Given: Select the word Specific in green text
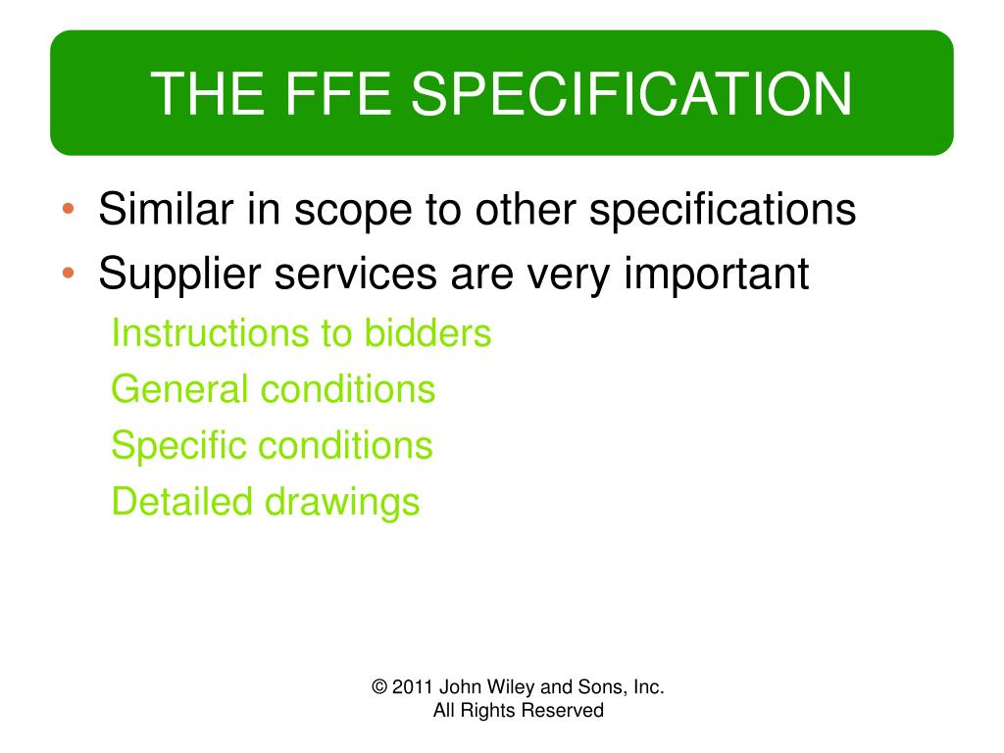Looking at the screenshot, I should click(x=178, y=446).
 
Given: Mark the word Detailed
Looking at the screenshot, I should click(x=182, y=502).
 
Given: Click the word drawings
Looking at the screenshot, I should click(x=343, y=502).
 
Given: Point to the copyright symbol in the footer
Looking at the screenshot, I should click(x=380, y=687).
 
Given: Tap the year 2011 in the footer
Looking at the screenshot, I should click(x=413, y=687).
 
